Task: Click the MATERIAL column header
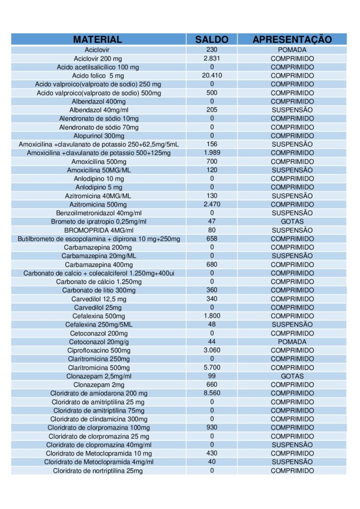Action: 97,39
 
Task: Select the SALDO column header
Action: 212,39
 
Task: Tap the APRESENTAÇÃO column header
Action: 292,39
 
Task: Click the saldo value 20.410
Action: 212,76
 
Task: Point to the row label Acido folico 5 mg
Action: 98,76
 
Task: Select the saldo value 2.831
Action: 212,59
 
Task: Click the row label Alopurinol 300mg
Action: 99,136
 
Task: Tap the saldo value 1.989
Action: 212,153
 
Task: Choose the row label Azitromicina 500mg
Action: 98,204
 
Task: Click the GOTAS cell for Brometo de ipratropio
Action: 292,221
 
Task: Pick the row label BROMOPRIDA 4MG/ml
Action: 99,230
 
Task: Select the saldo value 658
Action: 212,239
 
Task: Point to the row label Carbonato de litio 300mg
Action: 99,290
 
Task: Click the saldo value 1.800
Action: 212,316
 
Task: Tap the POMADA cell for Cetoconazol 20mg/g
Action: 292,342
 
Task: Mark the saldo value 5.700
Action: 212,367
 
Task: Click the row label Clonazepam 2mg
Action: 99,385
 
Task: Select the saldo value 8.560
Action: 212,393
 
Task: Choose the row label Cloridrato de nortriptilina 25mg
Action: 98,471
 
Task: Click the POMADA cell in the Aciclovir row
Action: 292,50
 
